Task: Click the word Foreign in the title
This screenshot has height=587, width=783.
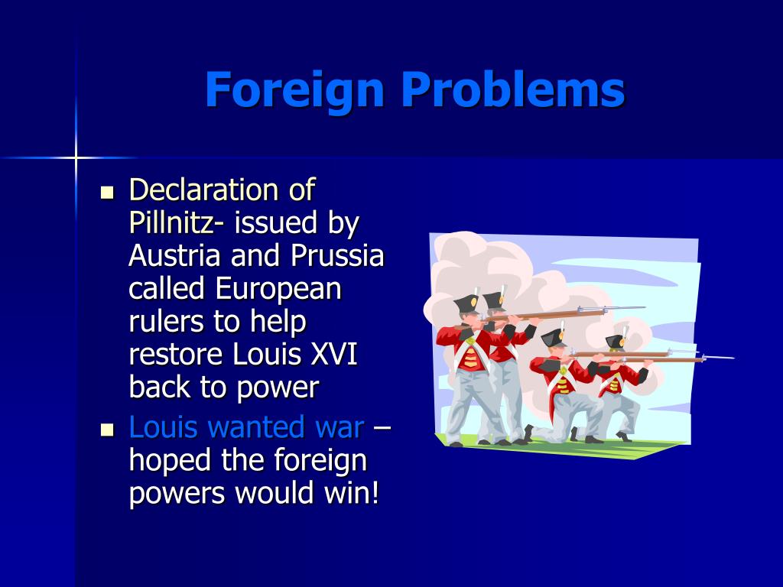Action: coord(294,90)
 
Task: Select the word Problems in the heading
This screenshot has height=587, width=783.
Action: coord(513,90)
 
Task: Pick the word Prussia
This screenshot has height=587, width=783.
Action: coord(336,255)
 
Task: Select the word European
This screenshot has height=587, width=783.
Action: coord(278,289)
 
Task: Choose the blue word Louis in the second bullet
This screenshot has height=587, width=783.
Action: coord(158,426)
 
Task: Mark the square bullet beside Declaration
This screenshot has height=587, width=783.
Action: coord(107,191)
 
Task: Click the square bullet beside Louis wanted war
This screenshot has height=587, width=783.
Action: coord(107,428)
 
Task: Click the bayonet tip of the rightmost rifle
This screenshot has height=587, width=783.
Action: coord(730,357)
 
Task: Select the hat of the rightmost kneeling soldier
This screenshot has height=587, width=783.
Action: coord(616,341)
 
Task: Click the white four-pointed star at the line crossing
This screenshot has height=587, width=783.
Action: coord(76,157)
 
